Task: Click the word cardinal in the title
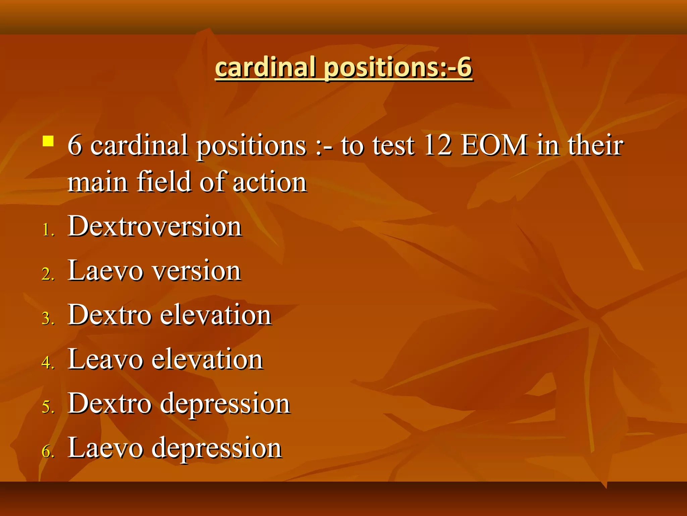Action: tap(265, 67)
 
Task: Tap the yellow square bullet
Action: tap(48, 141)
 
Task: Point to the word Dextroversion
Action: tap(155, 226)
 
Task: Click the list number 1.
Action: tap(48, 230)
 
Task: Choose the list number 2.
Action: tap(48, 274)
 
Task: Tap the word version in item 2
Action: tap(196, 271)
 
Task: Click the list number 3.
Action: tap(48, 318)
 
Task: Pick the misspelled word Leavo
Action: tap(105, 359)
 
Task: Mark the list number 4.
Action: tap(48, 363)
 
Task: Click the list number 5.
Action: tap(48, 407)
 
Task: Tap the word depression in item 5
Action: tap(225, 404)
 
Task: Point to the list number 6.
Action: tap(48, 451)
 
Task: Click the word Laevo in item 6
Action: tap(105, 448)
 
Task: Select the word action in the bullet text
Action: tap(269, 182)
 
